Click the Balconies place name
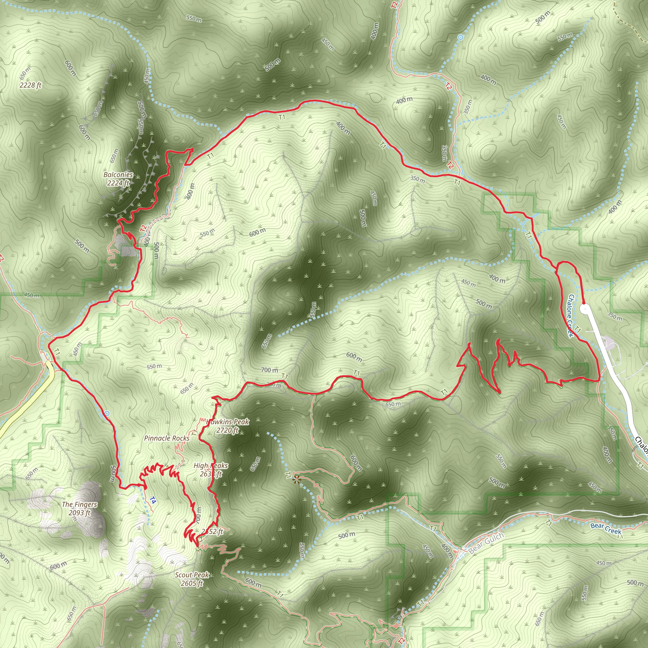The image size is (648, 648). pyautogui.click(x=118, y=175)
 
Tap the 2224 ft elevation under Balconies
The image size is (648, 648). pyautogui.click(x=118, y=183)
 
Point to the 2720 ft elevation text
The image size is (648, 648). pyautogui.click(x=227, y=430)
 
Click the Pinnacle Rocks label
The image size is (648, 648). pyautogui.click(x=167, y=438)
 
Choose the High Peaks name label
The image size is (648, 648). pyautogui.click(x=211, y=466)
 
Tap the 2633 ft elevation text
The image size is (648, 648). pyautogui.click(x=211, y=474)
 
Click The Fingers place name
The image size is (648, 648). pyautogui.click(x=79, y=504)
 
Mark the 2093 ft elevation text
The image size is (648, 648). pyautogui.click(x=79, y=513)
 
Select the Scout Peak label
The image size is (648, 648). pyautogui.click(x=192, y=575)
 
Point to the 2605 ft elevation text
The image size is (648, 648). pyautogui.click(x=192, y=583)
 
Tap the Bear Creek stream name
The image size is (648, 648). pyautogui.click(x=606, y=529)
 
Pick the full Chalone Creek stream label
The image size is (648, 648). pyautogui.click(x=570, y=315)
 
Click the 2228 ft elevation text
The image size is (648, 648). pyautogui.click(x=30, y=85)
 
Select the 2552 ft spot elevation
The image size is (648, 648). pyautogui.click(x=213, y=532)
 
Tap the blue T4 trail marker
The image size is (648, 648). pyautogui.click(x=153, y=501)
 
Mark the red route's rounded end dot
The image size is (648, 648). pyautogui.click(x=583, y=303)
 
